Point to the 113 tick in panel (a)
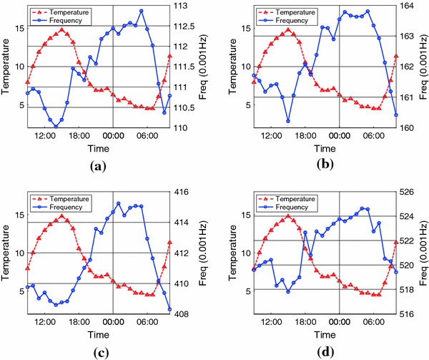(184, 6)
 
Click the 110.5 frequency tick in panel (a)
(189, 107)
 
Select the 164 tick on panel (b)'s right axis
(410, 6)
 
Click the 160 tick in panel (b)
(410, 127)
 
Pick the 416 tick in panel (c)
(184, 193)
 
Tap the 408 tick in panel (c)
(184, 313)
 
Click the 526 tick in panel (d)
(410, 193)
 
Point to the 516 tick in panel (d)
(410, 313)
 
